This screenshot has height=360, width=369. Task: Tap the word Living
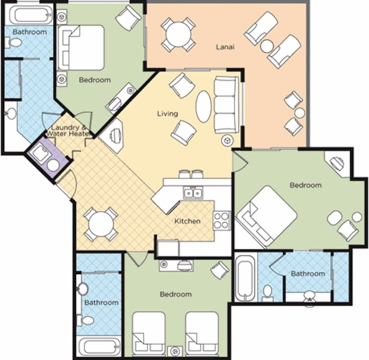point(168,113)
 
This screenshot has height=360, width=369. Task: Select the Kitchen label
point(187,221)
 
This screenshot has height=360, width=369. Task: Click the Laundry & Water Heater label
point(68,131)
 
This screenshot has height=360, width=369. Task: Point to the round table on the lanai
point(178,34)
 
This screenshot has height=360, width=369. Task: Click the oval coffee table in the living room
point(203,106)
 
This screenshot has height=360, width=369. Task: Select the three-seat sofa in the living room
point(226,105)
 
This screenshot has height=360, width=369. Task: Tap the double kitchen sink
point(193,192)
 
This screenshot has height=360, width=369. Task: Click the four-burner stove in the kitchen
point(221,221)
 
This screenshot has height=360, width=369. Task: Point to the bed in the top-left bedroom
point(81,48)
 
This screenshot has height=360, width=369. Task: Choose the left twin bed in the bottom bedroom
point(149,332)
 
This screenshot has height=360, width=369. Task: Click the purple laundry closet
point(47,157)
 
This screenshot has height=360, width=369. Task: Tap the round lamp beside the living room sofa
point(227,140)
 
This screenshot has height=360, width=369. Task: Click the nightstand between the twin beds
point(175,351)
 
